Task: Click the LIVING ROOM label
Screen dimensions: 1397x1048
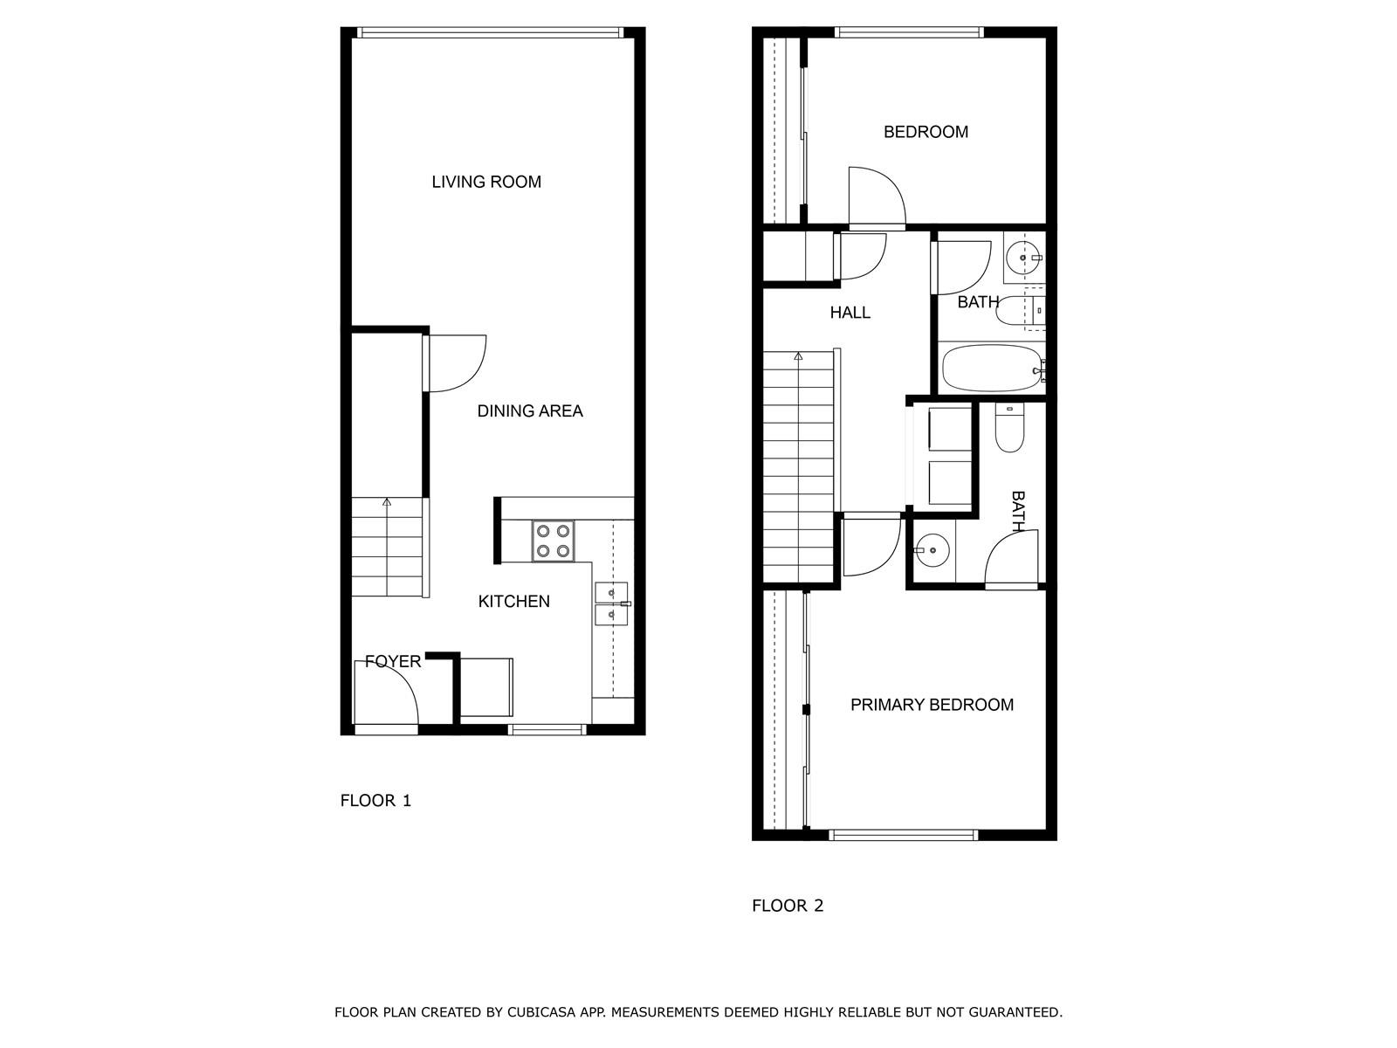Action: coord(486,182)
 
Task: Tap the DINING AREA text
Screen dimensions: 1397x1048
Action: coord(530,411)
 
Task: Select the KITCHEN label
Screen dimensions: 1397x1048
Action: coord(513,602)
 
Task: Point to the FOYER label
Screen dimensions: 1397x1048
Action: coord(393,662)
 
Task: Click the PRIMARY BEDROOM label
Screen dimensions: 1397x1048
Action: coord(932,705)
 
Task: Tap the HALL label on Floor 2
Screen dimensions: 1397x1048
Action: coord(850,313)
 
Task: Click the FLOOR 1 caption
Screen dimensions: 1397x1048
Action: coord(375,801)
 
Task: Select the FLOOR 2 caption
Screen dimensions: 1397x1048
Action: coord(788,906)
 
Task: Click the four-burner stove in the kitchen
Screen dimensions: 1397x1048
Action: coord(553,541)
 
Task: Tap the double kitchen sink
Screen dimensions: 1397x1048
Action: coord(612,603)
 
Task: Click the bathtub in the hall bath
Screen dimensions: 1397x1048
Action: coord(992,369)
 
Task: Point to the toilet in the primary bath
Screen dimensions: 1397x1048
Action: coord(1009,428)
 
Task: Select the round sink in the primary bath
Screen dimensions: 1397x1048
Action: coord(932,550)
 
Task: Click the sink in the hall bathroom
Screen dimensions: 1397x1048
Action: coord(1023,258)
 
